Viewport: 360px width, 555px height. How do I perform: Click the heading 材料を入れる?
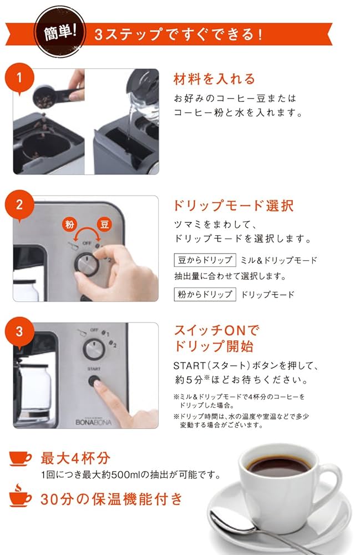coord(214,79)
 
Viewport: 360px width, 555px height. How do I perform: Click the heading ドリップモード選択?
coord(234,206)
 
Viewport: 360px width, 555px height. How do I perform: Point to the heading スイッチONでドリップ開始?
coord(217,339)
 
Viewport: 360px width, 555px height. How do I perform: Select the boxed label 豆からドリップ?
coord(205,260)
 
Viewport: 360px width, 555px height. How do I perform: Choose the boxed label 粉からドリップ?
coord(205,294)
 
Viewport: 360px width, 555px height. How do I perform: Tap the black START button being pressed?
coord(94,382)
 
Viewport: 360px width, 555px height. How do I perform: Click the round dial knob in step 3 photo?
coord(93,350)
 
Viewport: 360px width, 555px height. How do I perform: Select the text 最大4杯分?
coord(75,458)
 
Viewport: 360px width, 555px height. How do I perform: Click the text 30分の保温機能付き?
coord(111,498)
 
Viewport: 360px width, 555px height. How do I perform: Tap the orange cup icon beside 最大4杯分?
coord(21,458)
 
